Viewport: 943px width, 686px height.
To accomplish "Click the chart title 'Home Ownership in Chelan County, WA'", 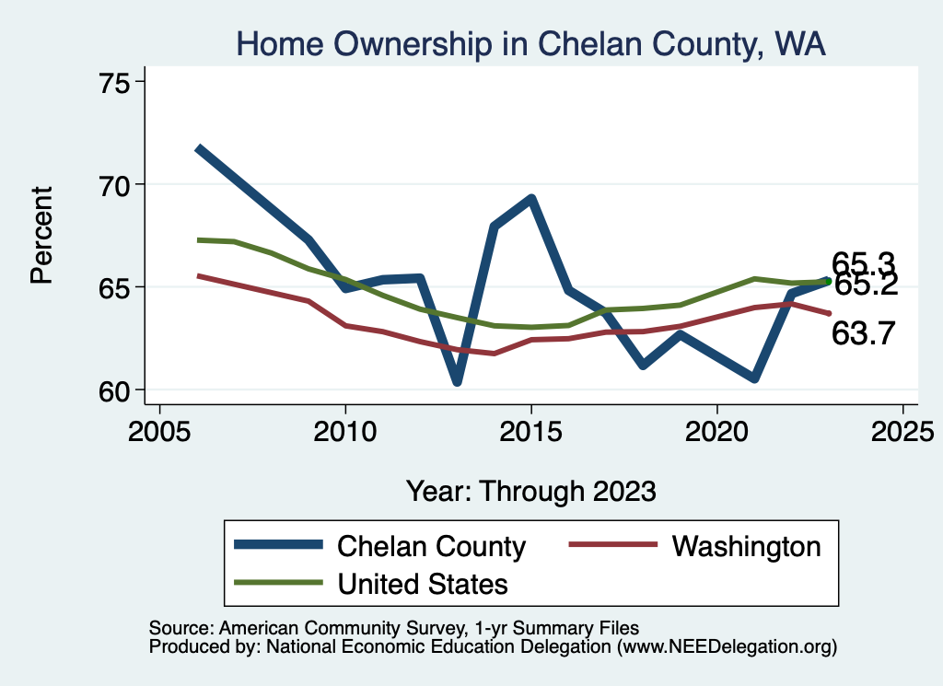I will pos(530,43).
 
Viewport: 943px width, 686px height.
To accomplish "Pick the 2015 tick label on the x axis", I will pos(531,433).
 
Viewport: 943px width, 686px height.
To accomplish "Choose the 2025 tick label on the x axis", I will pos(902,433).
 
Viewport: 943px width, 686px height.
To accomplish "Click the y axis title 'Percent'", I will pos(42,235).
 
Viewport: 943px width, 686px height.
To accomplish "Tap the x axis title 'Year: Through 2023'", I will pos(531,490).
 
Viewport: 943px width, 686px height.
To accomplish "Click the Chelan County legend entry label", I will pos(431,546).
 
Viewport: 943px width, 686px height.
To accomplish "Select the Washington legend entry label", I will pos(746,546).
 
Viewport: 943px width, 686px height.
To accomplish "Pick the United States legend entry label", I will pos(423,583).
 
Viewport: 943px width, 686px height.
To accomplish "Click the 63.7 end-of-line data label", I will pos(863,333).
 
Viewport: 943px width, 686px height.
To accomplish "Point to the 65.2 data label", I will pos(867,285).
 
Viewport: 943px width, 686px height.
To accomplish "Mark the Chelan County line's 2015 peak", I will pos(531,199).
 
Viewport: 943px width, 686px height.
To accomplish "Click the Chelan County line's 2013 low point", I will pos(457,381).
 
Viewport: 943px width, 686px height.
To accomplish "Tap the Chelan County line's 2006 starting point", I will pos(198,148).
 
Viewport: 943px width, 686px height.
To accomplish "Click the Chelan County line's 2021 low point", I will pos(754,378).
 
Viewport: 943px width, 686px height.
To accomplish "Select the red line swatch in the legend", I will pos(614,545).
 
